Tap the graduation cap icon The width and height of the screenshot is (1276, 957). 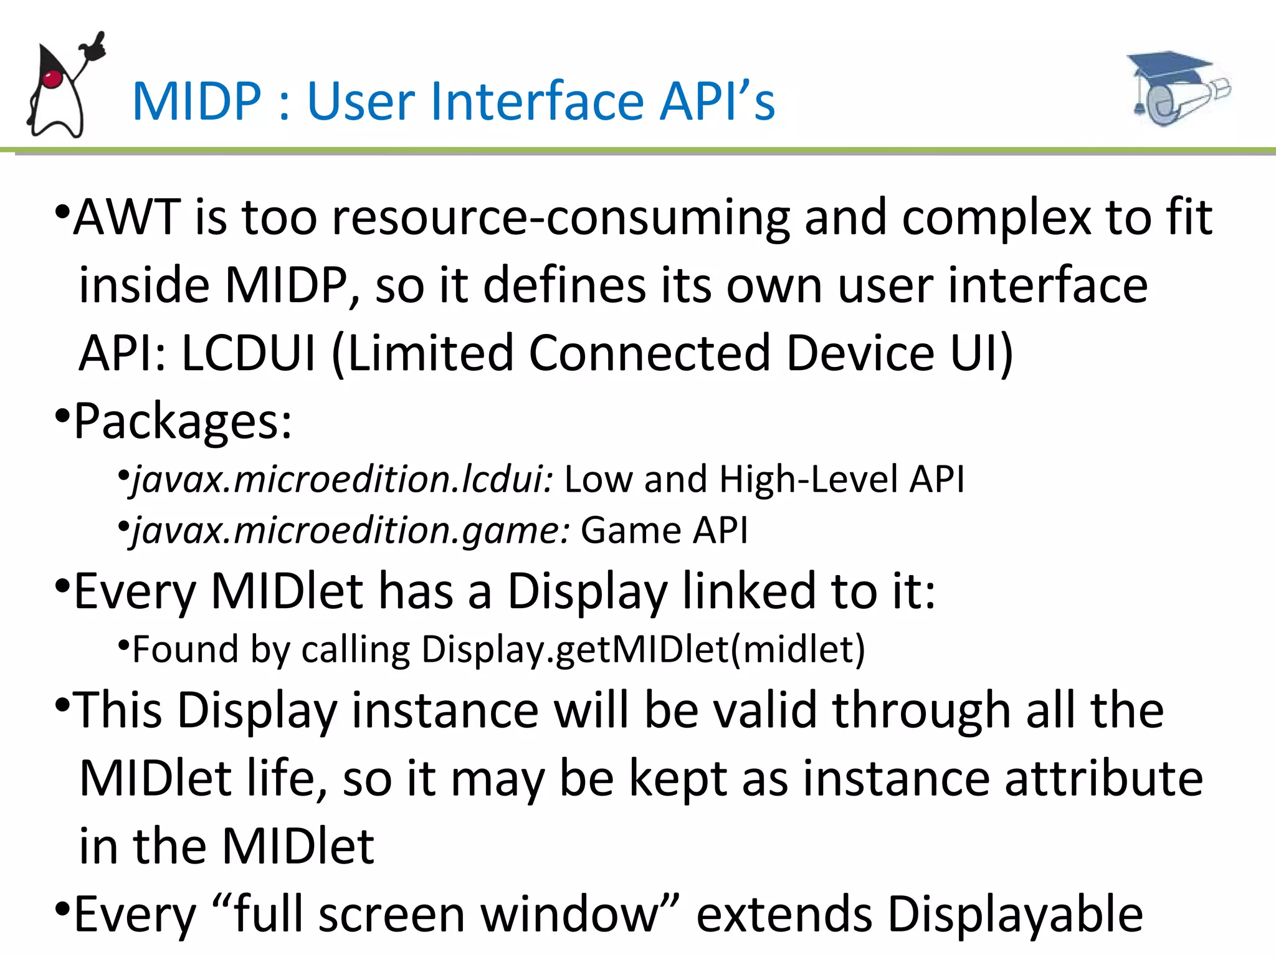(1178, 87)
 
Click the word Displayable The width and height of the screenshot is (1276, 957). (1015, 915)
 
